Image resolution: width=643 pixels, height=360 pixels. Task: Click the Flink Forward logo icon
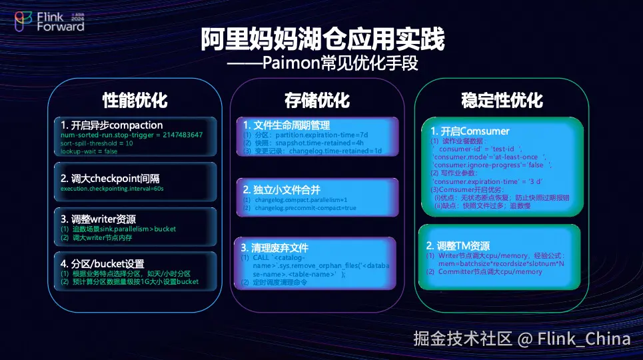point(23,21)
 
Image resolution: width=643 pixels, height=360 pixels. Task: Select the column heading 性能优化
point(135,101)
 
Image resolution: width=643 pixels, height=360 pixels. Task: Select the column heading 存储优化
point(317,101)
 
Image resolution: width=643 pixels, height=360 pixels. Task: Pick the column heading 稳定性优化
point(502,101)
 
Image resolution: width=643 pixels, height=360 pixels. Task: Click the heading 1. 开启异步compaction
point(111,125)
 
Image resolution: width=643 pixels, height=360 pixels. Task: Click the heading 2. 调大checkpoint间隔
point(110,179)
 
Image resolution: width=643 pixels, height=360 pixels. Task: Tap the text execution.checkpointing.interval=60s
point(112,189)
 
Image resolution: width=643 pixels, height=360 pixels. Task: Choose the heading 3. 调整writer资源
point(98,219)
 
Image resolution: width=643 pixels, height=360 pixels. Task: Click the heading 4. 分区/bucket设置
point(102,263)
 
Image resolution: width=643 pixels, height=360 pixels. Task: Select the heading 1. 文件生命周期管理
point(286,125)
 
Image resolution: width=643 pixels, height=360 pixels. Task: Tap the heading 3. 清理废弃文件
point(275,247)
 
